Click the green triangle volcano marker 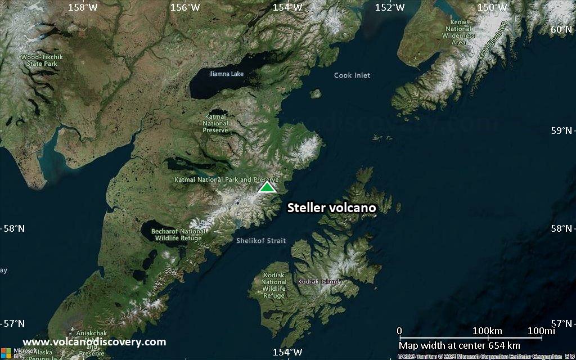tap(267, 187)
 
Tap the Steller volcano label tap(331, 208)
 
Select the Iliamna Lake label tap(226, 74)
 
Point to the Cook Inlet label tap(352, 75)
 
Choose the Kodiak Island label tap(319, 281)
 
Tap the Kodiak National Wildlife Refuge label tap(274, 285)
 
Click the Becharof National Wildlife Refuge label tap(178, 235)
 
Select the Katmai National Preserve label tap(215, 123)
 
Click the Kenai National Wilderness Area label tap(458, 32)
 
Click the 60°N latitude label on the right tap(563, 29)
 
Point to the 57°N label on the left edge tap(12, 323)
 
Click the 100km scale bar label tap(487, 331)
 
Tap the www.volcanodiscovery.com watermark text tap(94, 342)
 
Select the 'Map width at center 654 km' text tap(460, 345)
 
